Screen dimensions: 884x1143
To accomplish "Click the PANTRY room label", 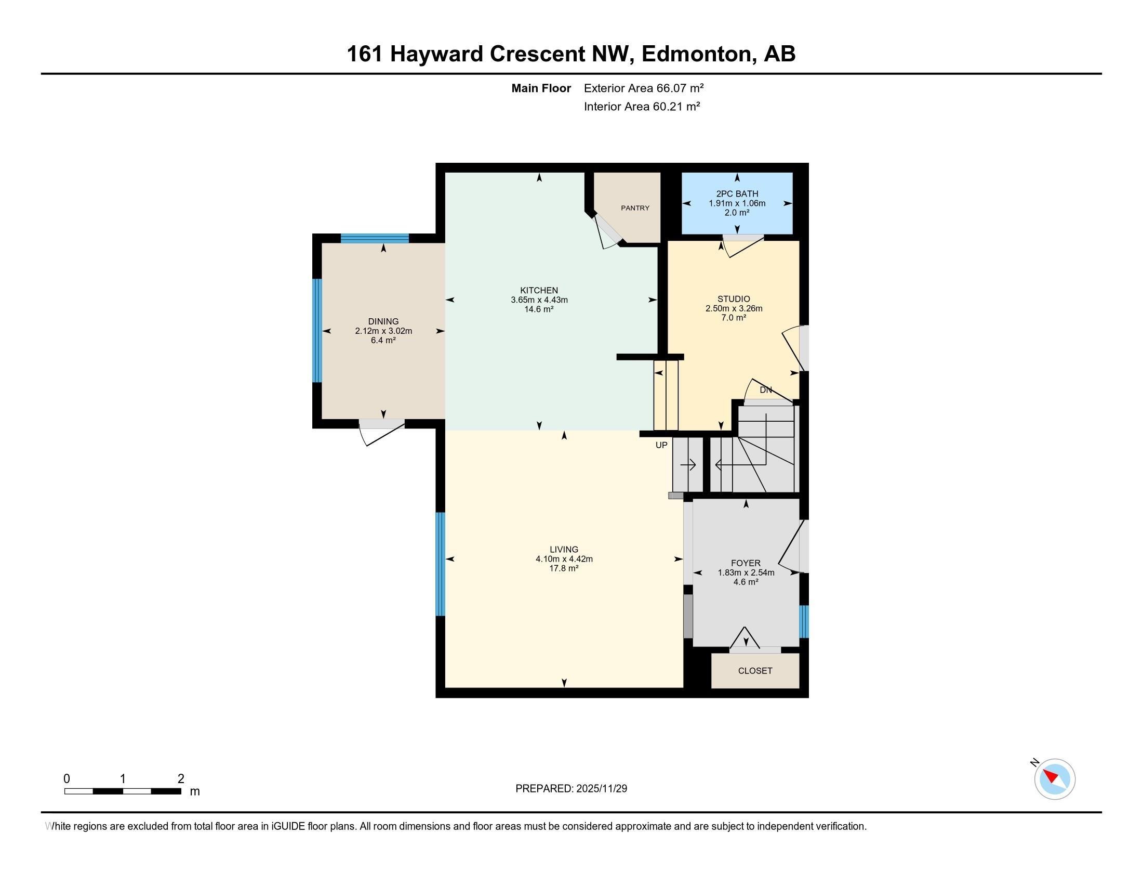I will tap(635, 208).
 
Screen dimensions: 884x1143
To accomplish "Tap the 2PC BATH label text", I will tap(737, 194).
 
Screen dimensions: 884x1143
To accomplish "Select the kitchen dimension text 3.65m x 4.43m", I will tap(539, 300).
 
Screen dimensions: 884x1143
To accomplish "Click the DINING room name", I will tap(383, 321).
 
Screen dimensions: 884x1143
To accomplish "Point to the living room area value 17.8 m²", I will tap(564, 568).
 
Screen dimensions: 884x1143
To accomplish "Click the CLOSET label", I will tap(755, 671).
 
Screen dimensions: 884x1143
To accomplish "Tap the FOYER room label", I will tap(746, 563).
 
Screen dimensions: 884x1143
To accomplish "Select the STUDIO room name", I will tap(733, 299).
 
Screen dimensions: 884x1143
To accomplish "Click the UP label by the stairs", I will tap(661, 445).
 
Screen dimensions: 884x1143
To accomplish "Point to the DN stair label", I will tap(766, 390).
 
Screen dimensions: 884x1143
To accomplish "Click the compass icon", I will tap(1055, 779).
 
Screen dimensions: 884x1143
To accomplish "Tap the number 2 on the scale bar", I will tap(181, 779).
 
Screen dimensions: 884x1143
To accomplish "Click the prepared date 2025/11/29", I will tap(601, 789).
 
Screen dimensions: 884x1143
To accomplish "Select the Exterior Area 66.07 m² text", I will tap(643, 88).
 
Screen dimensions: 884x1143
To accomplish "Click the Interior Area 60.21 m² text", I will tap(642, 107).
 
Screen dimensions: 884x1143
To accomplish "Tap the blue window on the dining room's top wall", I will tap(374, 238).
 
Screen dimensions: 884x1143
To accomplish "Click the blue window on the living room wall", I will tap(441, 564).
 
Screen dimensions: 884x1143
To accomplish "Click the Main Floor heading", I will tap(541, 88).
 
